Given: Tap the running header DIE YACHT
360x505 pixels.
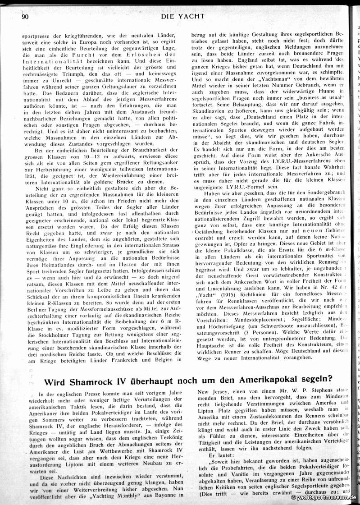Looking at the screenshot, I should click(x=182, y=16).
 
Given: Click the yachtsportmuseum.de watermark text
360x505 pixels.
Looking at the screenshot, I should click(x=324, y=497).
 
